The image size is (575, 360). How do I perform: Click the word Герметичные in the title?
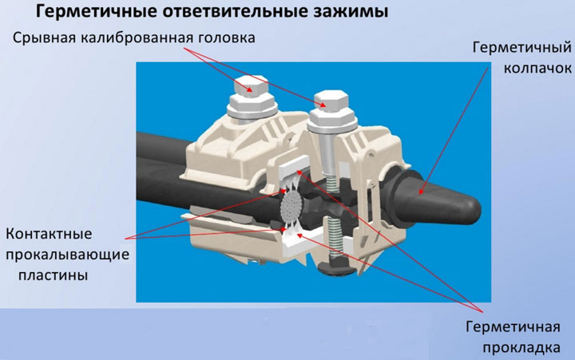97,12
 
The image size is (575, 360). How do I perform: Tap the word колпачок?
537,68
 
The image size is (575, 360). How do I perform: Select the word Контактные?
49,234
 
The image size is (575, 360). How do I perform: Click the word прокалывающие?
67,255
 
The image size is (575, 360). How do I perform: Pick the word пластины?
54,275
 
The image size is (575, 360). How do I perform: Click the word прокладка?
521,347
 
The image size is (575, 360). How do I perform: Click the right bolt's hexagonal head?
331,101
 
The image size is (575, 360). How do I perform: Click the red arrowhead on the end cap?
422,191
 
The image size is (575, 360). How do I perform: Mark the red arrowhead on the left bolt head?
250,89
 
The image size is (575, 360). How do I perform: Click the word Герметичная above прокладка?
513,327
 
